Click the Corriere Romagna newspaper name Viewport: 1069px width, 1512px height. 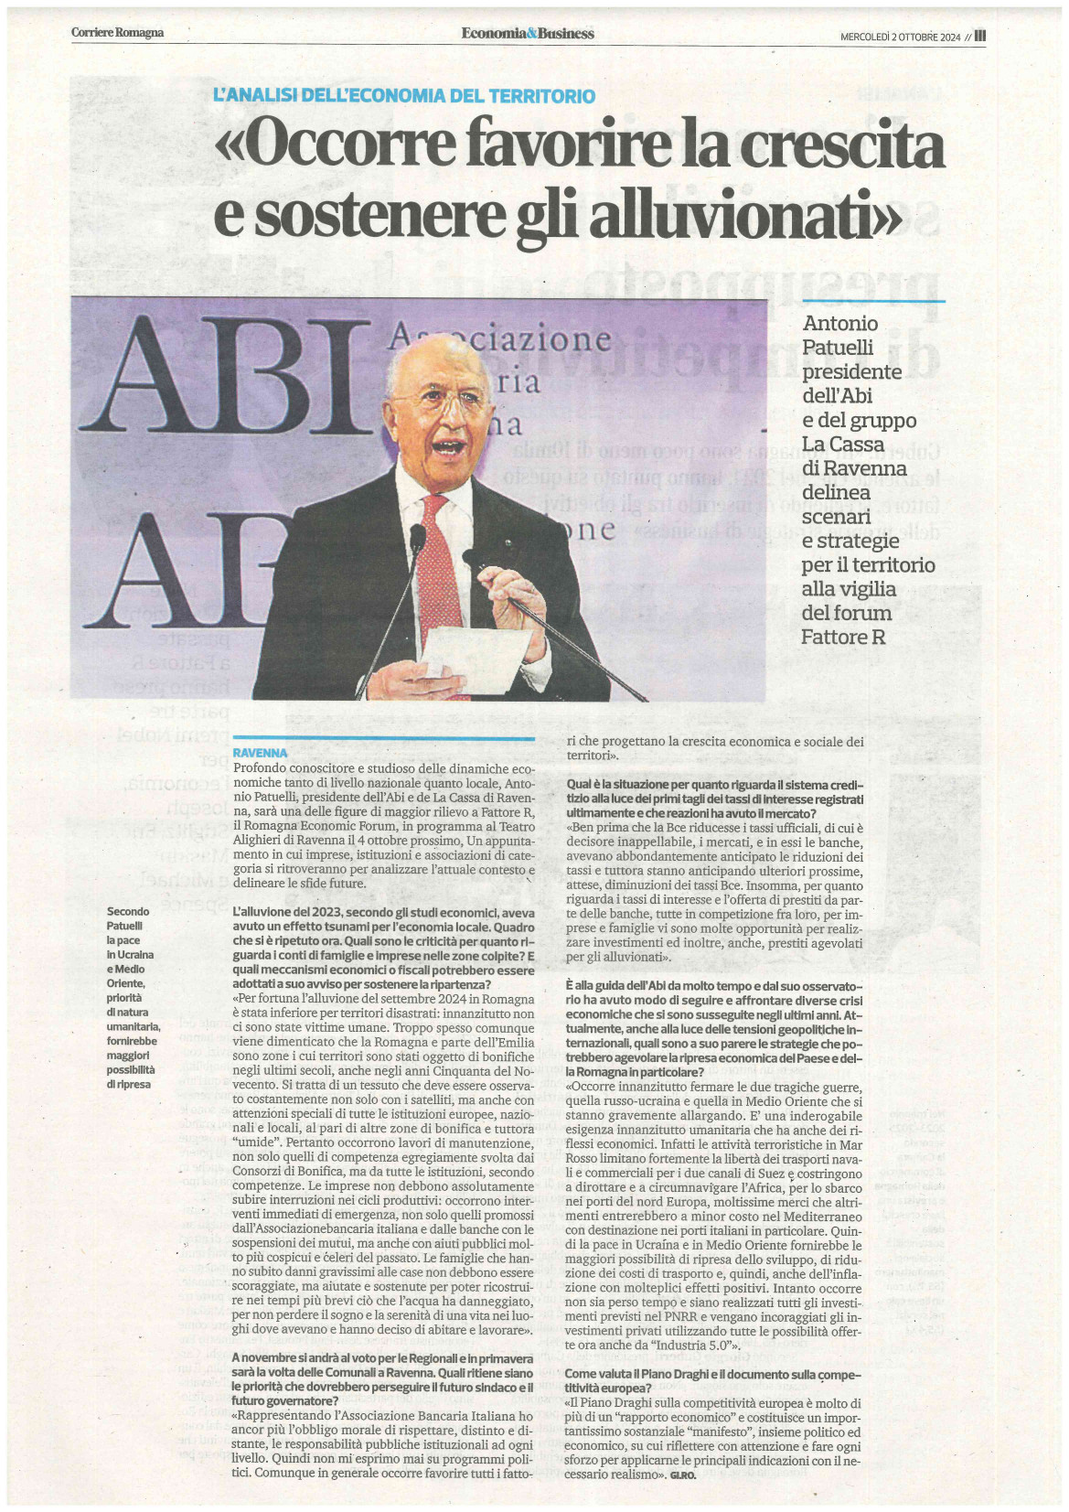(117, 33)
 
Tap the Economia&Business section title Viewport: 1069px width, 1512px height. (528, 33)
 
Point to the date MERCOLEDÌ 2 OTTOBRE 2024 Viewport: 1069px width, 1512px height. (900, 37)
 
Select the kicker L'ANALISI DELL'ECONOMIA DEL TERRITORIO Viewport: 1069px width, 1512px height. (403, 95)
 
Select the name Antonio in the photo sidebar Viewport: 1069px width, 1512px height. (839, 324)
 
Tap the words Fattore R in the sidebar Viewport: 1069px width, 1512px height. (843, 637)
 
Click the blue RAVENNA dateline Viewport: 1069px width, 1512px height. (261, 752)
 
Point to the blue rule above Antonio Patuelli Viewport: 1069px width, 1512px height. (872, 300)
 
